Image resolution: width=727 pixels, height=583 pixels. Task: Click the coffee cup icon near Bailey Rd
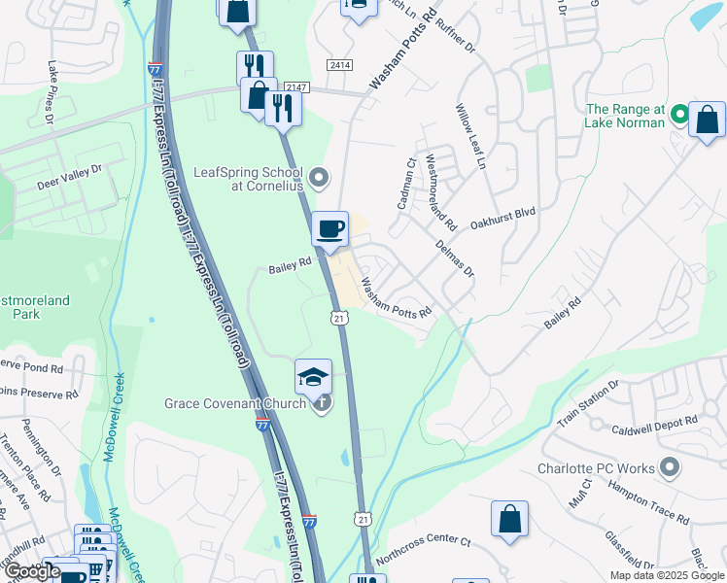(330, 229)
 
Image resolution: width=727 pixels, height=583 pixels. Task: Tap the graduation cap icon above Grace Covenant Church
(314, 377)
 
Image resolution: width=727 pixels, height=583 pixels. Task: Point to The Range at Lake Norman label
(625, 116)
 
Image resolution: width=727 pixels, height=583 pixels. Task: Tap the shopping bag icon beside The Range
(707, 120)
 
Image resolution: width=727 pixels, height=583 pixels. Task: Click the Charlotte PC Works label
(596, 468)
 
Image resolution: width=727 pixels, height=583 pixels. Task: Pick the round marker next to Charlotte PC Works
(669, 468)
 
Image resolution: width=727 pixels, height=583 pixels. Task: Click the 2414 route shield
(339, 65)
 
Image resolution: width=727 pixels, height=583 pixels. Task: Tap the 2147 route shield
(297, 87)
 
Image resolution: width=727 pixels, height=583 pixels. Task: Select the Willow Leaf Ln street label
(470, 137)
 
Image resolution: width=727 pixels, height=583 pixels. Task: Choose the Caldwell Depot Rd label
(655, 425)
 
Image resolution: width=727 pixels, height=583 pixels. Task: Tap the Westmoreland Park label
(35, 307)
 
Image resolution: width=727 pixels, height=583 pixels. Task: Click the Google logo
(32, 571)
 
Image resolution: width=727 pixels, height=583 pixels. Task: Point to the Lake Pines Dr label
(51, 93)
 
